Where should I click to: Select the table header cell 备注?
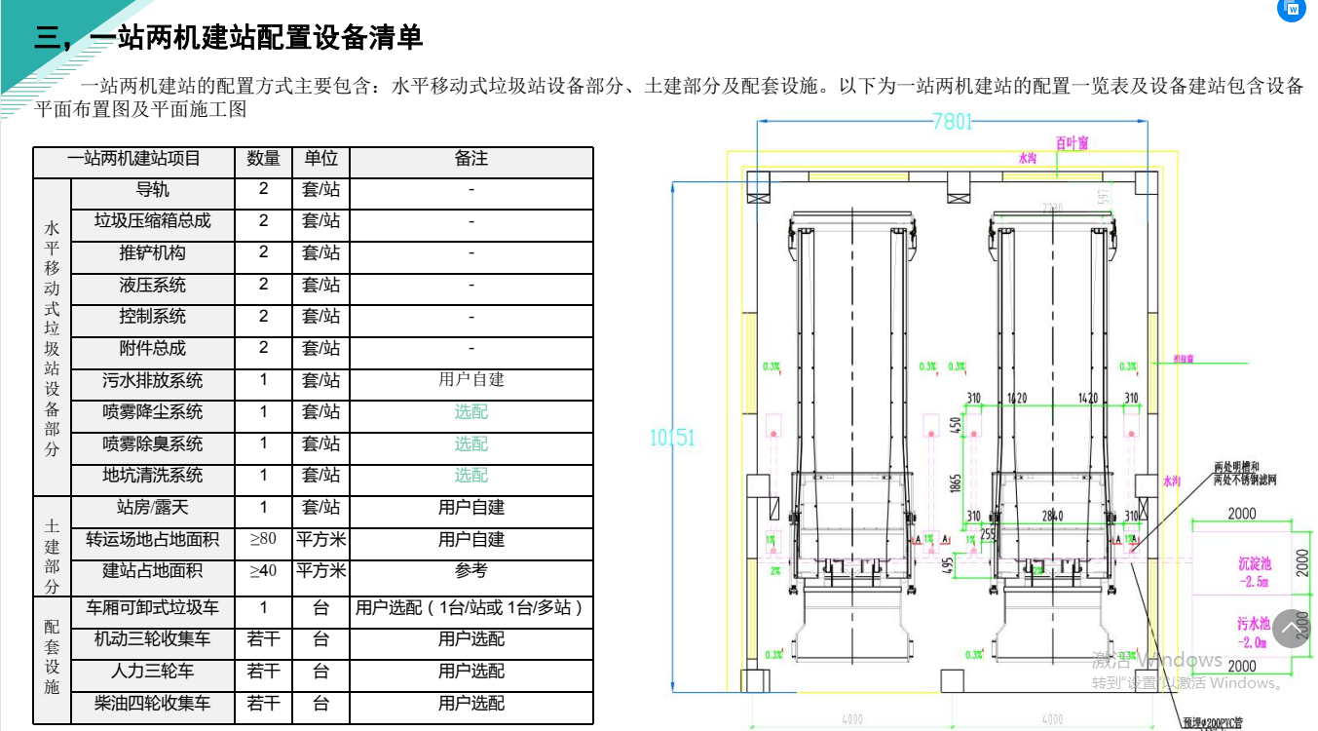tap(471, 159)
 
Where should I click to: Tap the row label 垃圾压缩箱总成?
tap(152, 221)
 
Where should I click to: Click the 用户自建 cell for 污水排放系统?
tap(471, 380)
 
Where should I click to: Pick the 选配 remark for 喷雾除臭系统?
tap(471, 444)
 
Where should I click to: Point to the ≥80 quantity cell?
tap(263, 539)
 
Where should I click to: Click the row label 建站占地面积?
tap(152, 571)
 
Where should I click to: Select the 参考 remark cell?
tap(471, 571)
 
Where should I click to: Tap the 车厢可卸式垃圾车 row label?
tap(152, 608)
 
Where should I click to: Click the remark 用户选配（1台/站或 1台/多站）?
tap(471, 608)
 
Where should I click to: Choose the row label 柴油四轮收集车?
tap(152, 704)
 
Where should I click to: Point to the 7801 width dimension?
tap(952, 122)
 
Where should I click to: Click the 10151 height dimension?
tap(672, 438)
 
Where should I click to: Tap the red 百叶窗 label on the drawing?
tap(1072, 143)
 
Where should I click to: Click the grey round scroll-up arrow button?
tap(1291, 629)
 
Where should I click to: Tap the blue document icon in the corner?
tap(1292, 9)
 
